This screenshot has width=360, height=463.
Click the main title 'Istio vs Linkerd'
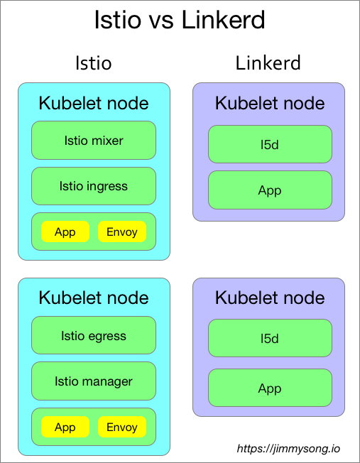[x=180, y=20]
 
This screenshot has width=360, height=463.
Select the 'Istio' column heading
[x=93, y=63]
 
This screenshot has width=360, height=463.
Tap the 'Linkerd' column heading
[x=268, y=63]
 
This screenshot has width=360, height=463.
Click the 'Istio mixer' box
[x=94, y=140]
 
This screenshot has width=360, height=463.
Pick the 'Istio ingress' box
[x=94, y=186]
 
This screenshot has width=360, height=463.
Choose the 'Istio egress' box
[x=94, y=336]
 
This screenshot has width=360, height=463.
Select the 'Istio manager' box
[x=94, y=381]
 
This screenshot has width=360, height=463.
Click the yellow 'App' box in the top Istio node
[x=65, y=232]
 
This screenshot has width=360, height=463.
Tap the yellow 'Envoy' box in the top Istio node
[x=122, y=232]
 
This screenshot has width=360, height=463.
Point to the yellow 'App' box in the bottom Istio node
[x=65, y=427]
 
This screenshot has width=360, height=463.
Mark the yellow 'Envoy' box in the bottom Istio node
[x=122, y=427]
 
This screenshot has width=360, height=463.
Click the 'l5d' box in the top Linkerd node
[x=270, y=144]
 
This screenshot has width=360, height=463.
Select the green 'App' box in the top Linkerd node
[x=270, y=190]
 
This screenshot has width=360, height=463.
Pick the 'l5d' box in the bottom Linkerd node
[x=270, y=338]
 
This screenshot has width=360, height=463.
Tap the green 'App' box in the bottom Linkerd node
[x=270, y=388]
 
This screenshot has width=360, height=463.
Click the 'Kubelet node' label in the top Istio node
[x=94, y=103]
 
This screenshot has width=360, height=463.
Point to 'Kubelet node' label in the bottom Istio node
[x=94, y=298]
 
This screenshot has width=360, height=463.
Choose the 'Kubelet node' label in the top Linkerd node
[x=270, y=103]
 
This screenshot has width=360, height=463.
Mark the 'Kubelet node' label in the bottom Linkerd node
[x=270, y=298]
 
